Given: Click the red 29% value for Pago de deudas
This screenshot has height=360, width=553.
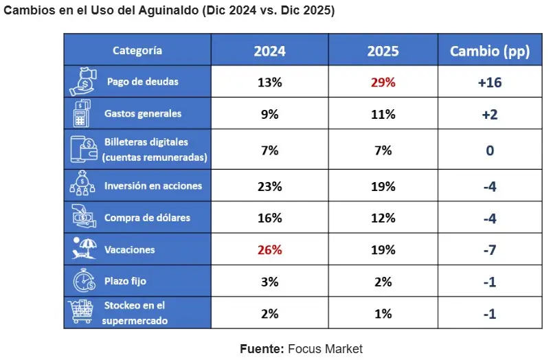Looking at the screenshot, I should (x=383, y=82).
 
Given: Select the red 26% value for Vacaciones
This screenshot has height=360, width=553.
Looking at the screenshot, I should (x=269, y=250).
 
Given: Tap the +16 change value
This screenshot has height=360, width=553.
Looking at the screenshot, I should (x=490, y=82).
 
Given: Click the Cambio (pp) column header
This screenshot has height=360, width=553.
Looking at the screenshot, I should (x=490, y=52).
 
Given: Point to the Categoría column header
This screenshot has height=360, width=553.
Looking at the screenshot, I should (x=137, y=50).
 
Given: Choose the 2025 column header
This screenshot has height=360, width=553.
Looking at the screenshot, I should (x=383, y=52).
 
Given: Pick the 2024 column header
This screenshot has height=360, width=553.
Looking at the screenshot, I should (x=269, y=52).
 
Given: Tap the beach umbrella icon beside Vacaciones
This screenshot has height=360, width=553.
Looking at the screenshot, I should (x=84, y=249).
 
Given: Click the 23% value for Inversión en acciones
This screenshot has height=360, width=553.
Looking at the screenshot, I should (x=269, y=186).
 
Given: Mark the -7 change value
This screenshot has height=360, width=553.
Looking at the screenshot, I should (x=490, y=250).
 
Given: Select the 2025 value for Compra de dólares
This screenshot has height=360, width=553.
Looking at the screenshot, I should (x=383, y=218).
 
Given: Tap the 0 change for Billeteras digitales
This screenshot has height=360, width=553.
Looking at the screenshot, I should (x=490, y=150).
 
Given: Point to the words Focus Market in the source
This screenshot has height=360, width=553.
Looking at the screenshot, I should (x=325, y=349).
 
